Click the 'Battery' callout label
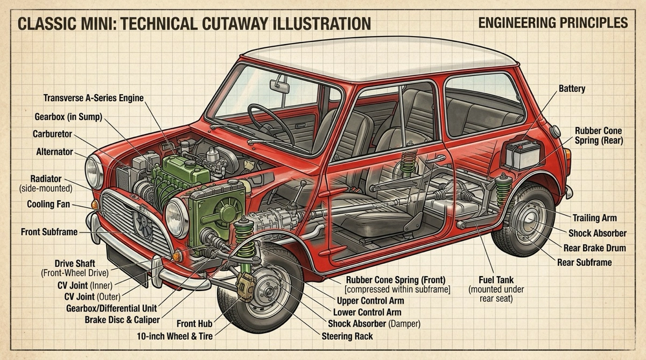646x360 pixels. tap(572, 88)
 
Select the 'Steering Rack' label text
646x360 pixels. tap(347, 336)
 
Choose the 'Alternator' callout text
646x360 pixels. tap(54, 152)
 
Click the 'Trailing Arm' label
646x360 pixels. tap(594, 218)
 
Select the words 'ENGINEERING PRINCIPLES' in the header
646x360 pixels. tap(552, 23)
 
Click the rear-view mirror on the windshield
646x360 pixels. tap(280, 86)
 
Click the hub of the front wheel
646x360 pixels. tap(268, 292)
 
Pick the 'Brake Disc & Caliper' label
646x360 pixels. tap(122, 320)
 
